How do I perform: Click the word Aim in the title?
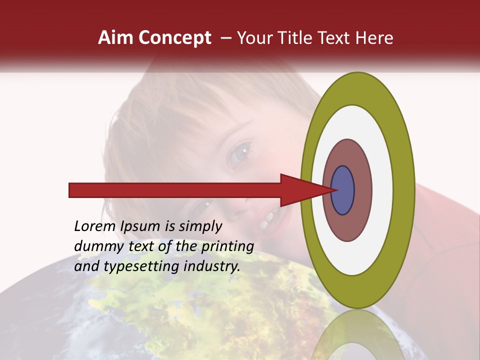[x=115, y=38]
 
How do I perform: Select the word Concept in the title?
[x=174, y=38]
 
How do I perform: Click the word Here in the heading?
[x=374, y=38]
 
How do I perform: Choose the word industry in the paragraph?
[x=212, y=266]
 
